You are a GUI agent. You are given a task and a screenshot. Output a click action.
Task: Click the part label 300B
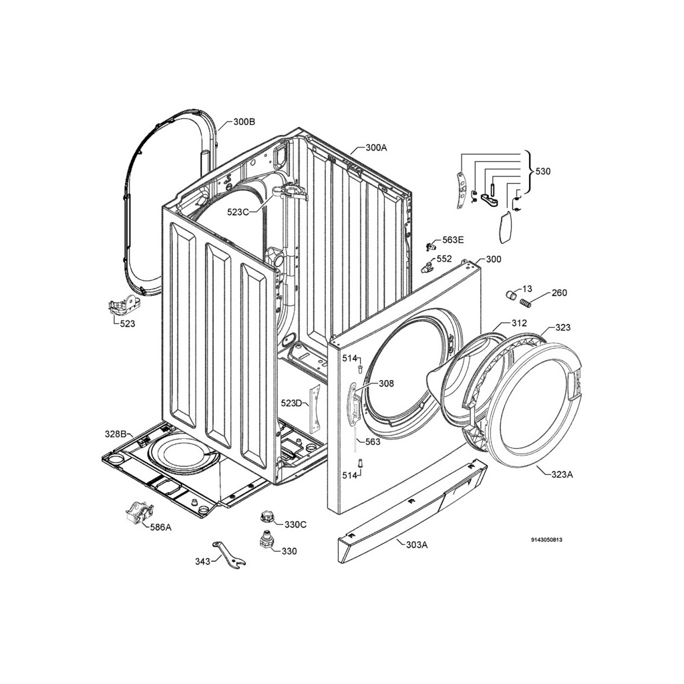(244, 122)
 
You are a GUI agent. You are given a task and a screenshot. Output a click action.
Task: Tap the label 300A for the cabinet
(376, 148)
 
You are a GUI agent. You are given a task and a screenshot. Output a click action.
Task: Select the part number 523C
(238, 212)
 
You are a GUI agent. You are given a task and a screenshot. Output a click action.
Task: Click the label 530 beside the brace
(542, 172)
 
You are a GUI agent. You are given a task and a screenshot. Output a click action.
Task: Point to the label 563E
(453, 240)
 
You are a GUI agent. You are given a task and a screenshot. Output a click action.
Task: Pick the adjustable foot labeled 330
(266, 541)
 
